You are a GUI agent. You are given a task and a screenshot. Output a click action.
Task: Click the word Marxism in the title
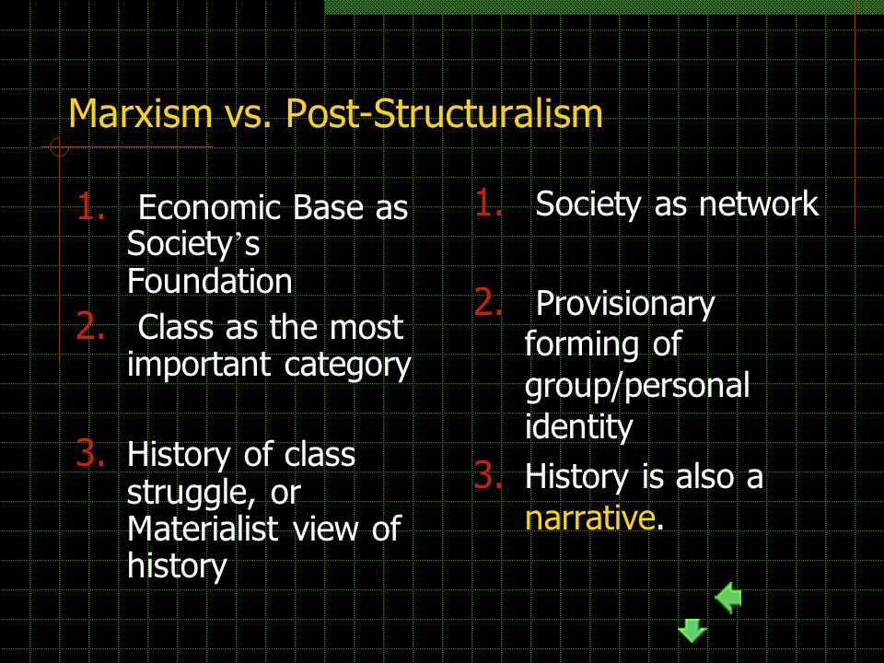(140, 112)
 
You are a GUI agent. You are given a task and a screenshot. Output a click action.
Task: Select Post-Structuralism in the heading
(444, 112)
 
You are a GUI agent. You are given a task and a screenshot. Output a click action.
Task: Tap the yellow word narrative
(589, 518)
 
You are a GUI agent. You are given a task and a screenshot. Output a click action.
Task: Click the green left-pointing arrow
(727, 597)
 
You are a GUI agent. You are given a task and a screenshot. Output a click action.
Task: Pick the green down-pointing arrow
(692, 630)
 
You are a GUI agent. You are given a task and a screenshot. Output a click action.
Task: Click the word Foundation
(209, 281)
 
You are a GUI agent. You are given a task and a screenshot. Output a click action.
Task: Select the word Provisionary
(625, 305)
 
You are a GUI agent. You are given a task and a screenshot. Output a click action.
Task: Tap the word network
(759, 204)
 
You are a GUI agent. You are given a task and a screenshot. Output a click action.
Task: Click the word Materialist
(203, 529)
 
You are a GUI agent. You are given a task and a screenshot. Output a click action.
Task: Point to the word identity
(579, 426)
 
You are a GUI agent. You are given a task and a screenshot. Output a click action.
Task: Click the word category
(348, 366)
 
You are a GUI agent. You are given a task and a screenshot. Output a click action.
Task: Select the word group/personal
(637, 387)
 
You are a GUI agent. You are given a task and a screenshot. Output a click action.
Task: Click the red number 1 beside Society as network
(488, 203)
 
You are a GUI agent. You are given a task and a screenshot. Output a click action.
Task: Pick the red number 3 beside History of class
(90, 454)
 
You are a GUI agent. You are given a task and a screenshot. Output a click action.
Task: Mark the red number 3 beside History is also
(488, 475)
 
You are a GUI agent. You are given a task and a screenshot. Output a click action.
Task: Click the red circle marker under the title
(59, 147)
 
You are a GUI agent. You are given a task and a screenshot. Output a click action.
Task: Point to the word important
(200, 366)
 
